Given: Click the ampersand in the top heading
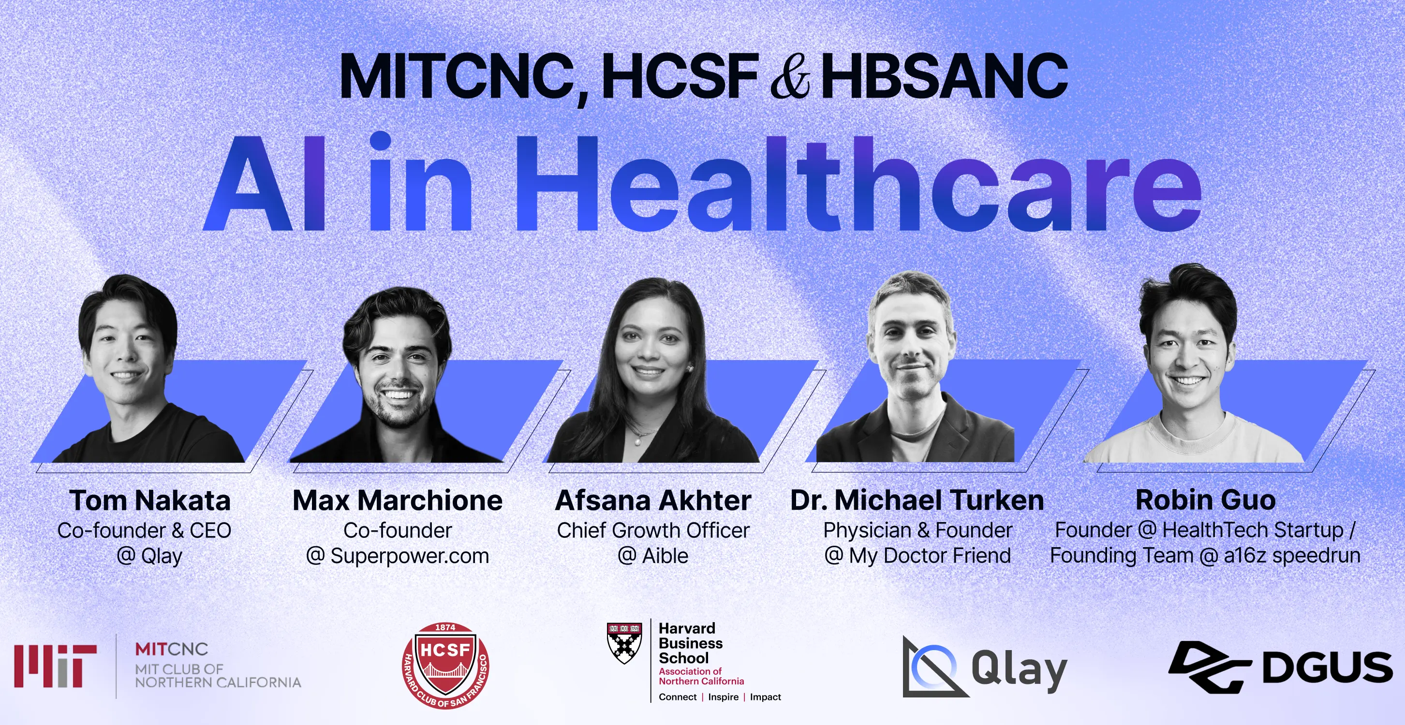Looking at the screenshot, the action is (790, 76).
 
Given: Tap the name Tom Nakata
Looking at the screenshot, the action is (150, 500).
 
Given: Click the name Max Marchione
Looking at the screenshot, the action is (398, 500).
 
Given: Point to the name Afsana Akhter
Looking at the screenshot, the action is (653, 500).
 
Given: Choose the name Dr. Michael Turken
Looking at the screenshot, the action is (917, 500).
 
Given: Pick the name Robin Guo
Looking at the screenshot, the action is (1205, 500).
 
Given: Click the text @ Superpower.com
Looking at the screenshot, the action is (398, 556).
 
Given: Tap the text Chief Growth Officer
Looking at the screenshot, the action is (653, 530).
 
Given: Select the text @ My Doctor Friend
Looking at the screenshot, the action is (917, 556).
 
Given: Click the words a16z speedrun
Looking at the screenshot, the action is (1292, 556).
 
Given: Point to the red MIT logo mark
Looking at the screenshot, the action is (56, 666).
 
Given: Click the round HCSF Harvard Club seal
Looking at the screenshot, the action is (445, 666).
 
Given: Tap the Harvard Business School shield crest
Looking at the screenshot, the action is (624, 643).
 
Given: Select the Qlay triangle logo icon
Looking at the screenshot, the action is (934, 667).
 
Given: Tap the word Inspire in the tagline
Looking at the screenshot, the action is (723, 696).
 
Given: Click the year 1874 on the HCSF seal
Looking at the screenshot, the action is (445, 627).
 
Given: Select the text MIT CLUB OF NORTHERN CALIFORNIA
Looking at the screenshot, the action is (218, 675).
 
